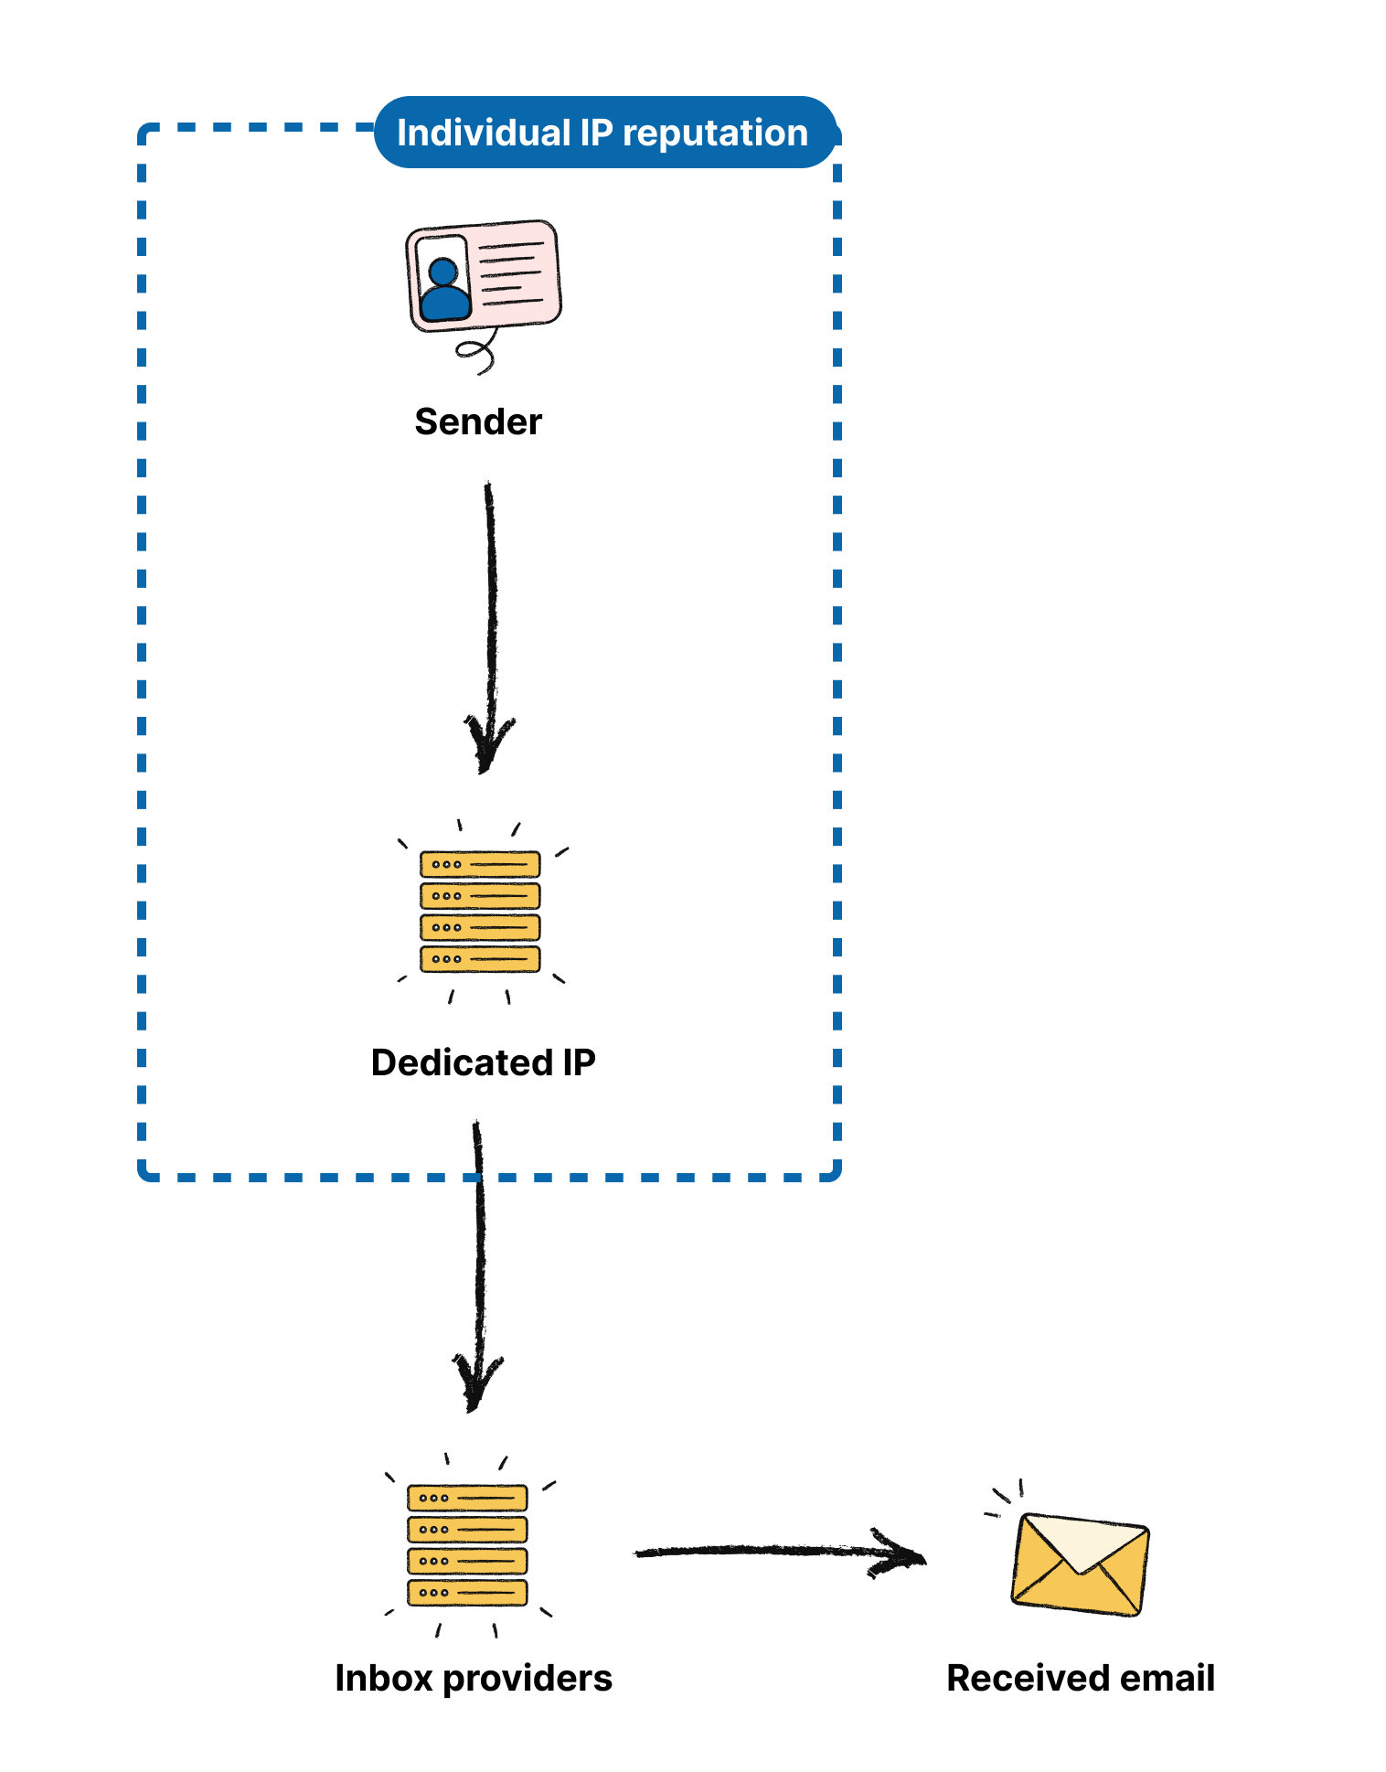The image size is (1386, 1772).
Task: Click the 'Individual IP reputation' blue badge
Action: coord(604,133)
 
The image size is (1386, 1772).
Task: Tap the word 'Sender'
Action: coord(478,422)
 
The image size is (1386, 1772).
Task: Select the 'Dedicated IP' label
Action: coord(483,1062)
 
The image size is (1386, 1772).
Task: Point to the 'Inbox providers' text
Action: coord(474,1678)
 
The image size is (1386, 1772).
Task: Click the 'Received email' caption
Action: coord(1080,1678)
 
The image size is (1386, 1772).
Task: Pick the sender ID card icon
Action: coord(484,274)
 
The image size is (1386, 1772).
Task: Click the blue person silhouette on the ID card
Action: coord(444,290)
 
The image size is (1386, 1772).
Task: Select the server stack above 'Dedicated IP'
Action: coord(480,912)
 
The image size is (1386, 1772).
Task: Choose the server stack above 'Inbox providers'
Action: coord(467,1545)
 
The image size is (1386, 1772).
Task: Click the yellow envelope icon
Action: coord(1080,1564)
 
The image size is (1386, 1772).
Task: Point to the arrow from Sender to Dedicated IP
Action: coord(491,622)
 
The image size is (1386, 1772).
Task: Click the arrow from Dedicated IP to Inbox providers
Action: coord(478,1262)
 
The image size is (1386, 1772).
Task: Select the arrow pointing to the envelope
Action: coord(777,1552)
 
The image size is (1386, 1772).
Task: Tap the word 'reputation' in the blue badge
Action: coord(716,133)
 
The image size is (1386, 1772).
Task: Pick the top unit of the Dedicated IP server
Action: coord(480,864)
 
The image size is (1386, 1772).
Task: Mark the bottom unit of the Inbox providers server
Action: coord(467,1592)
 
